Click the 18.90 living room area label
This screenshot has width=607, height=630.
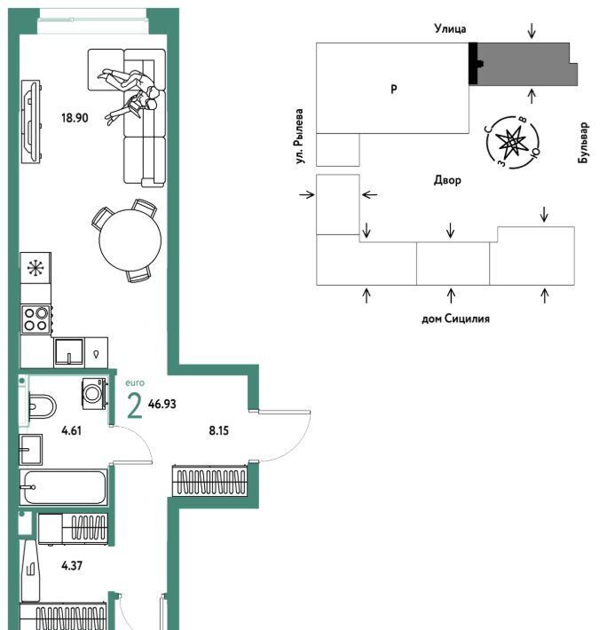[x=75, y=118]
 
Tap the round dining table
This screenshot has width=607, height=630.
[x=130, y=240]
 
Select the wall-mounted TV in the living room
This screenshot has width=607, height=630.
[x=31, y=122]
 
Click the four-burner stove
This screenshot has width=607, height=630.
[x=36, y=319]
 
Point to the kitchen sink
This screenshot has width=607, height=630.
[x=69, y=352]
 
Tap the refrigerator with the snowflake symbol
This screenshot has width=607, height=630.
[x=35, y=268]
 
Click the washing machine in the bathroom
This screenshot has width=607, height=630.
[x=94, y=394]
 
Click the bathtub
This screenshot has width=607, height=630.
[x=64, y=487]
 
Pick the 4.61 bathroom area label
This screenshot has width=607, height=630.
[x=72, y=430]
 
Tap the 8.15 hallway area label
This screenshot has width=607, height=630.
[x=218, y=430]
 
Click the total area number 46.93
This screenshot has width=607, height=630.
[x=162, y=404]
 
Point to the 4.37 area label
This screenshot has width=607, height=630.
[x=72, y=566]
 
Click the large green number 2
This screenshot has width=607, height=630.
[x=135, y=406]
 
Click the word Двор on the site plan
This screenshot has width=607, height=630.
[x=447, y=180]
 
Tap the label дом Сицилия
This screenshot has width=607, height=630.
[x=455, y=319]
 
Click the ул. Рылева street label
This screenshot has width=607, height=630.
[x=299, y=137]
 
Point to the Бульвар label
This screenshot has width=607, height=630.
[x=583, y=143]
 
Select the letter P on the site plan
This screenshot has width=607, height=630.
[x=394, y=89]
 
